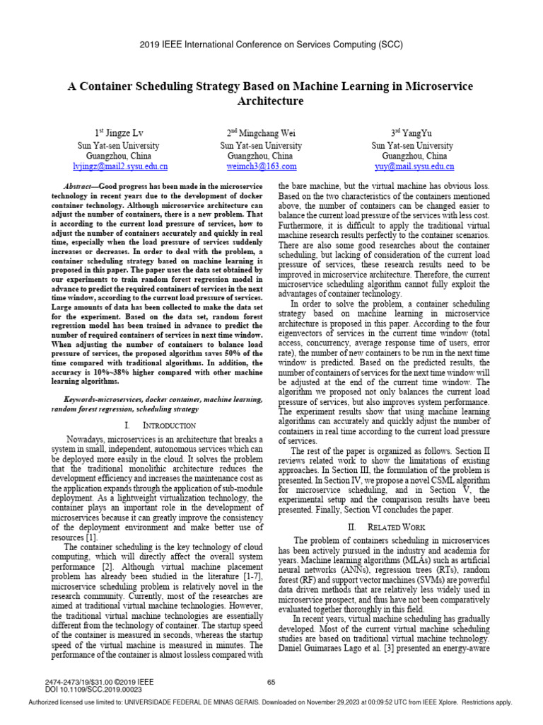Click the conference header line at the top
271,44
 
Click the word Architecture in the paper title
271,101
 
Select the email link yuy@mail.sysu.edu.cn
414,166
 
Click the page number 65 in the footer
271,682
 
